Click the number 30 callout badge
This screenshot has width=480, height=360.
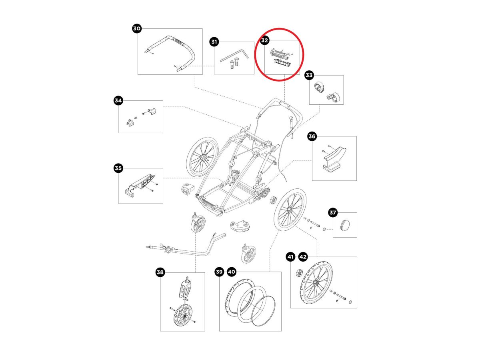tap(137, 29)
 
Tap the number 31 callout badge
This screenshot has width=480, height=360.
tap(214, 42)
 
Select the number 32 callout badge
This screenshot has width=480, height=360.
tap(264, 40)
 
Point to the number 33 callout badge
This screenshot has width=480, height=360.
tap(309, 75)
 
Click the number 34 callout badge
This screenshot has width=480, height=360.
tap(118, 101)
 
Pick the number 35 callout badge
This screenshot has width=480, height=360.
tap(118, 168)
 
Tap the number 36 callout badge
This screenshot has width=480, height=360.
tap(312, 137)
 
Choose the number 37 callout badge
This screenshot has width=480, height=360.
tap(333, 213)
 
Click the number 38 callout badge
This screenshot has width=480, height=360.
tap(160, 273)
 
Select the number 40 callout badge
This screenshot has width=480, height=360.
tap(232, 272)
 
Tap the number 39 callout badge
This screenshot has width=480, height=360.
tap(219, 272)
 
